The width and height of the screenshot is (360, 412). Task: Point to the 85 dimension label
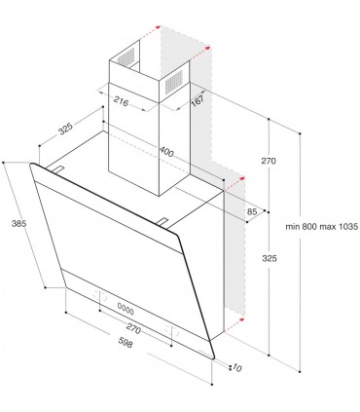(252, 210)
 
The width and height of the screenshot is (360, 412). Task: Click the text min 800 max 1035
(322, 226)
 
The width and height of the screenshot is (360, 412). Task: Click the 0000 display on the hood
(126, 308)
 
